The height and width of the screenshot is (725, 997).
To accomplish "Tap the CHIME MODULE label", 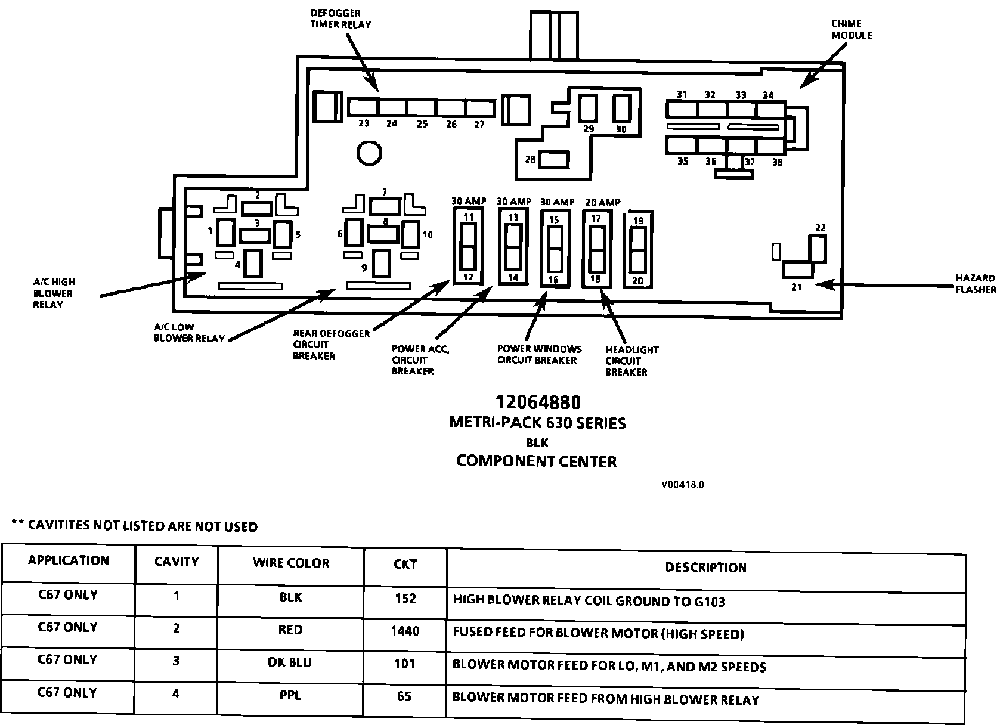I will tap(851, 29).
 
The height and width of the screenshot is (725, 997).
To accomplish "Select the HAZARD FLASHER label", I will tap(975, 283).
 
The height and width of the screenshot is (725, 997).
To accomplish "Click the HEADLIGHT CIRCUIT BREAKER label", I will tap(631, 361).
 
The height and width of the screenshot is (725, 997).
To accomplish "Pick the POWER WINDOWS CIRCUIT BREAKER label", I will tap(539, 354).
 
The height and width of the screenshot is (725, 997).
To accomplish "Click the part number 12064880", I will tap(537, 402).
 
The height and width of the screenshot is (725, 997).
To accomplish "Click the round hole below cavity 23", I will tap(369, 153).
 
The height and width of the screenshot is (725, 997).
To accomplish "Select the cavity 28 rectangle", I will tap(554, 160).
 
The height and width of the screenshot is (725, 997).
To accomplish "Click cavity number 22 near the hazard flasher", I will tap(820, 228).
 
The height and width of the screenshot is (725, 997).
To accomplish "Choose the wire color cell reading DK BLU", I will tap(291, 662).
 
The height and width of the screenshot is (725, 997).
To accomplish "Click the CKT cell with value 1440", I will tap(405, 630).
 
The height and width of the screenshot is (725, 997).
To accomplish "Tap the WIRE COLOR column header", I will tap(291, 563).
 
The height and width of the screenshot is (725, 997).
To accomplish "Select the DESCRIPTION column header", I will tap(705, 567).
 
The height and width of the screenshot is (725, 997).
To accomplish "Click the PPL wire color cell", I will tap(291, 695).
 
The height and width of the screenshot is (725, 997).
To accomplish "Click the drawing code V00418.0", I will tap(682, 485).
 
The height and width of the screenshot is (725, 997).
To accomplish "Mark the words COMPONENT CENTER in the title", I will tap(536, 461).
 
